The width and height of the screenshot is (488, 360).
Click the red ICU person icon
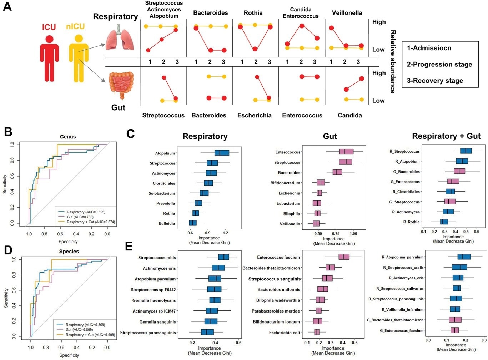[x=49, y=57]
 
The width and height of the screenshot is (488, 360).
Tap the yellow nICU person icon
[x=79, y=57]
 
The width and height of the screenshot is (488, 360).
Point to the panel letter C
[x=130, y=134]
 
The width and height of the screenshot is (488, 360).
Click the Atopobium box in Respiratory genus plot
[x=222, y=153]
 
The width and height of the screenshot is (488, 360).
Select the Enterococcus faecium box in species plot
[x=344, y=257]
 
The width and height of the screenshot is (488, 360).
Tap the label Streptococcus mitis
[x=157, y=258]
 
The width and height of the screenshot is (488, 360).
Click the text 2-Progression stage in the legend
[x=439, y=64]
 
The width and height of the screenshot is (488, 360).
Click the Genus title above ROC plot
[x=68, y=137]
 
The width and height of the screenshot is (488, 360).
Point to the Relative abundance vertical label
[x=392, y=61]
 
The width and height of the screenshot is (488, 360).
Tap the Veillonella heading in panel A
[x=347, y=13]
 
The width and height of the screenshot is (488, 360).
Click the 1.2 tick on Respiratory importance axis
[x=225, y=233]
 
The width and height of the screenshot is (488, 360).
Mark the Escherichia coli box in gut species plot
[x=317, y=332]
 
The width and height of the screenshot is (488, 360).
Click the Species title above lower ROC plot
[x=69, y=252]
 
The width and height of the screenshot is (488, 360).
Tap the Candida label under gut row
[x=349, y=115]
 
